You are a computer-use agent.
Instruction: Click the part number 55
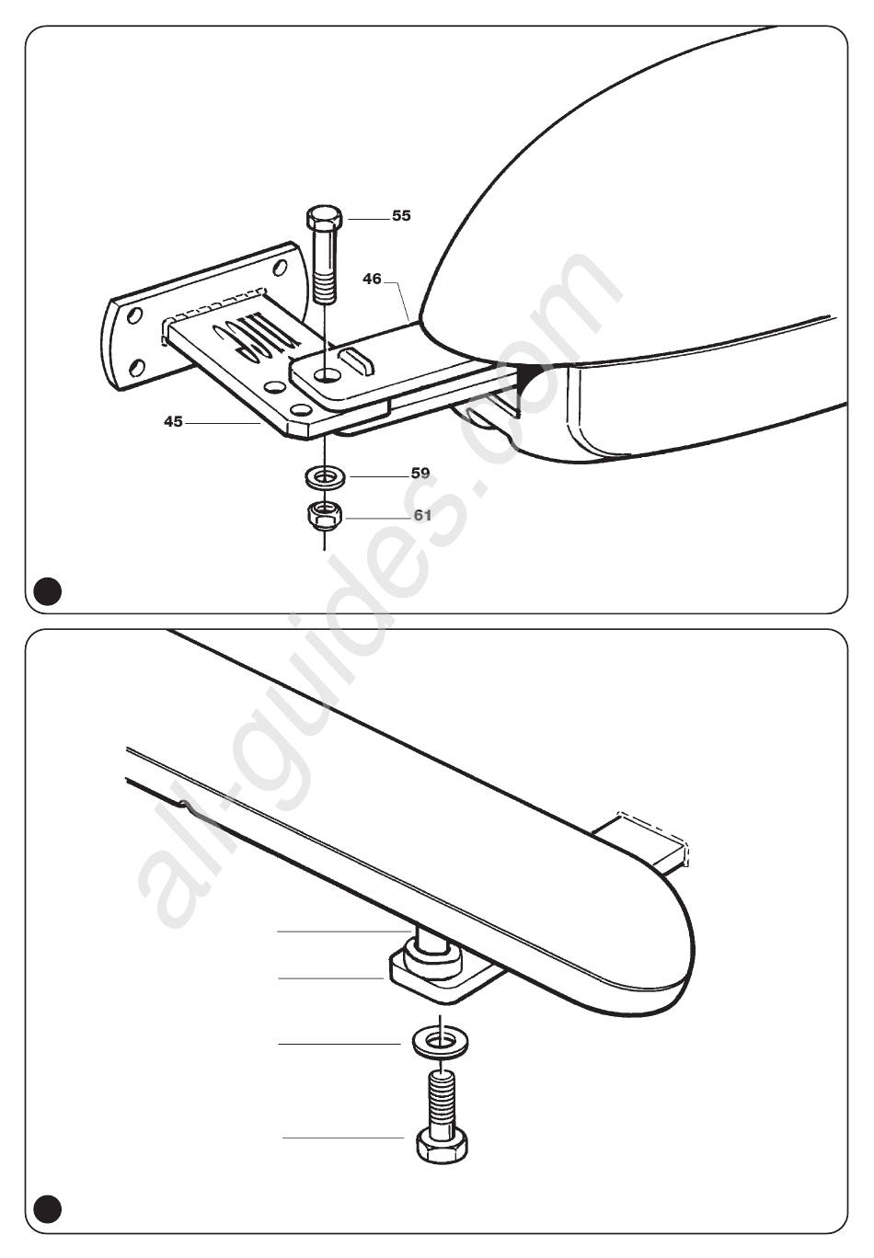pos(401,216)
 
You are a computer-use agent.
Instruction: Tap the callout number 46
pos(372,279)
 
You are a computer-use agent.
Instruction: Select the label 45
pos(173,421)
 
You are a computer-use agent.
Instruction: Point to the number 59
pos(420,474)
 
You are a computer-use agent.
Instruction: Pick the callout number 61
pos(422,516)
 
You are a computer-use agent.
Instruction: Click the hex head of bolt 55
pos(324,216)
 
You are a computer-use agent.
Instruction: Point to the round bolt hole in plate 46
pos(328,375)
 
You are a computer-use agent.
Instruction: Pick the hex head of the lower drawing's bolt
pos(443,1146)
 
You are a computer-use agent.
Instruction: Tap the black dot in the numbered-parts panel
pos(48,590)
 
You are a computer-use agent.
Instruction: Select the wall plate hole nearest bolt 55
pos(279,268)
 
